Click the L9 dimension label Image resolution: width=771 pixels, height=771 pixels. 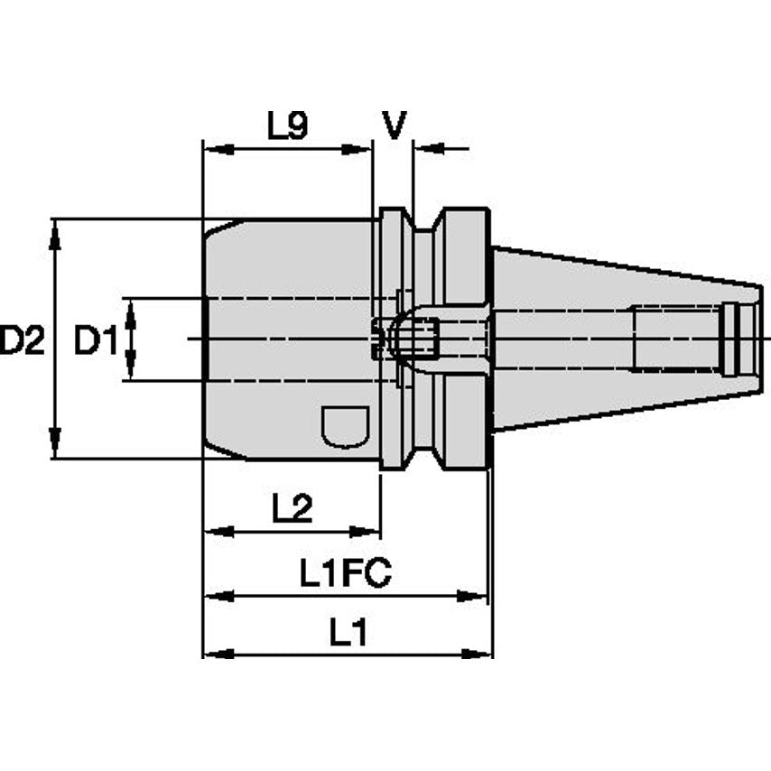click(x=288, y=125)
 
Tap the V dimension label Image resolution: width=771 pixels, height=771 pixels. click(x=394, y=125)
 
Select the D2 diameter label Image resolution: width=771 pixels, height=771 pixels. click(x=23, y=340)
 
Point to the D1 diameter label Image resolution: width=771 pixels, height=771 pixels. click(x=96, y=340)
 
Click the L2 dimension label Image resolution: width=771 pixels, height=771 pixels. click(x=292, y=510)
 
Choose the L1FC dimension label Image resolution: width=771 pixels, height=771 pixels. click(x=346, y=573)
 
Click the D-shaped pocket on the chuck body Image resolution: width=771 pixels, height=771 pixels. click(x=345, y=426)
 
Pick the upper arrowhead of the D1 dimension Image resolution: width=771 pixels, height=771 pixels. click(x=130, y=309)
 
